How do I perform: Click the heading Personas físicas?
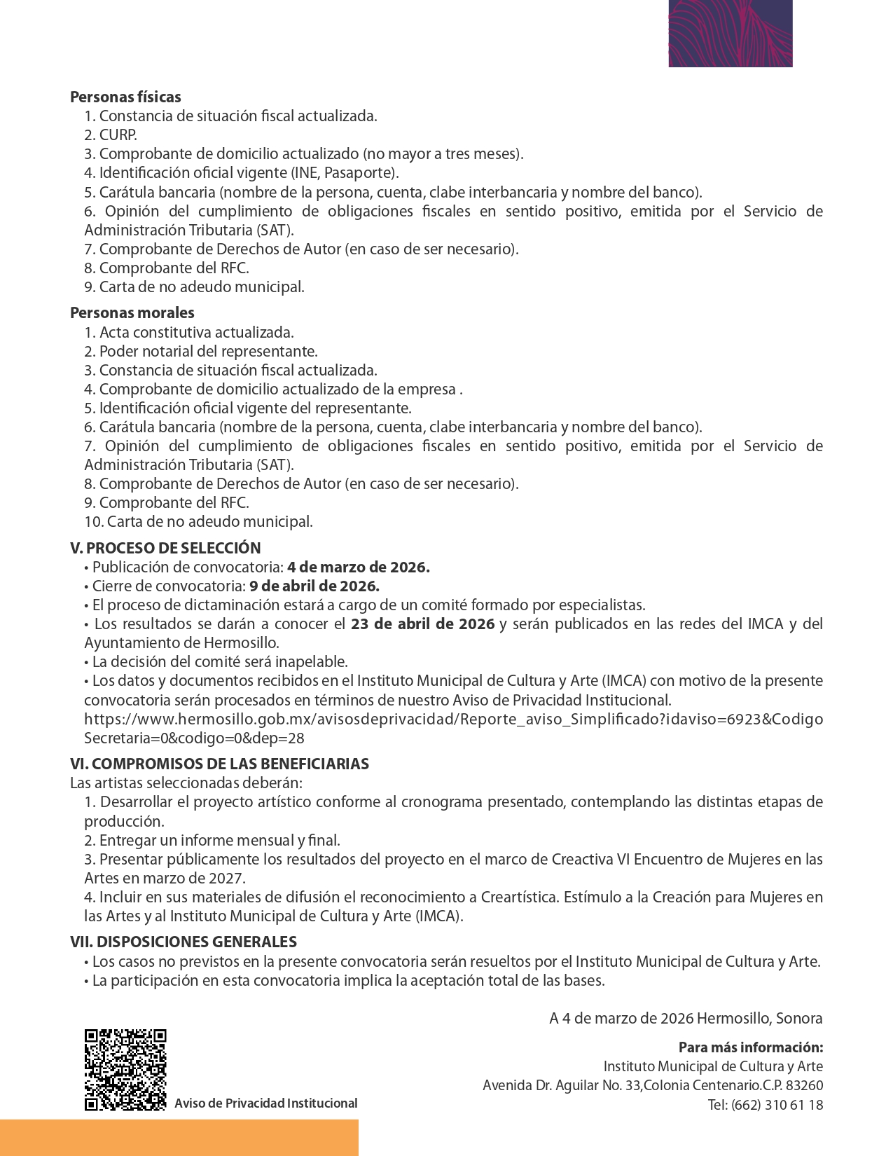click(x=125, y=97)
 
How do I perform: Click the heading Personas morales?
click(x=132, y=313)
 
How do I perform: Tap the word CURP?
click(x=118, y=135)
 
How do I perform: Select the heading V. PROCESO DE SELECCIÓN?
click(x=165, y=549)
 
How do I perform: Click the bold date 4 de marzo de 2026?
click(x=358, y=567)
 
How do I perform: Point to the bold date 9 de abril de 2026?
click(x=314, y=586)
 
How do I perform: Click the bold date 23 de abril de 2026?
click(x=423, y=624)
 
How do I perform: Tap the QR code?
click(x=125, y=1070)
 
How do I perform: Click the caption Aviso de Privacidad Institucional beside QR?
click(x=265, y=1103)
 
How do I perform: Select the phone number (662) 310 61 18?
click(x=777, y=1105)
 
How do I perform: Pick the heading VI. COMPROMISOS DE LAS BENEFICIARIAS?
click(x=219, y=764)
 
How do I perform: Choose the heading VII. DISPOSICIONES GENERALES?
click(x=184, y=942)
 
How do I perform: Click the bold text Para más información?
click(x=750, y=1048)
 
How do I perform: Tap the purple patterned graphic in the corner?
click(x=731, y=33)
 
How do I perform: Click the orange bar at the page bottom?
click(x=179, y=1137)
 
